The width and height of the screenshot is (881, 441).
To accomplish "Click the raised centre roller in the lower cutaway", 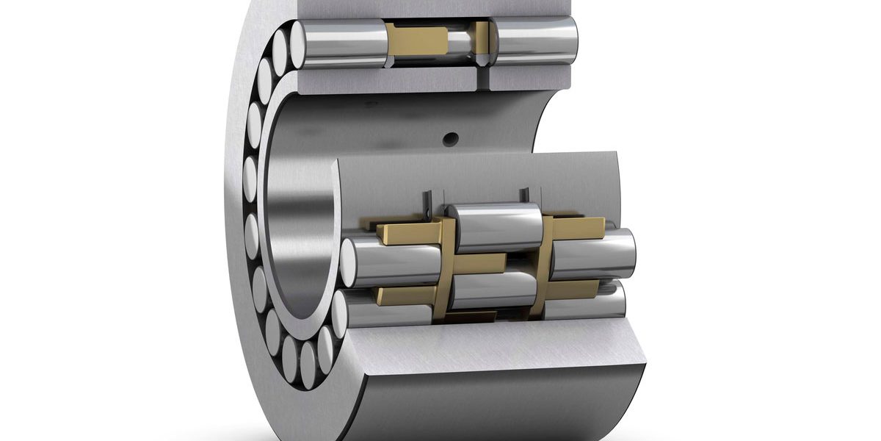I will point(493,226).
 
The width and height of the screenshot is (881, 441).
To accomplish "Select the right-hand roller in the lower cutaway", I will point(591,254).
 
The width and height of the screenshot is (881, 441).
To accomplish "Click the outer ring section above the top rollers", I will point(440,9).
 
